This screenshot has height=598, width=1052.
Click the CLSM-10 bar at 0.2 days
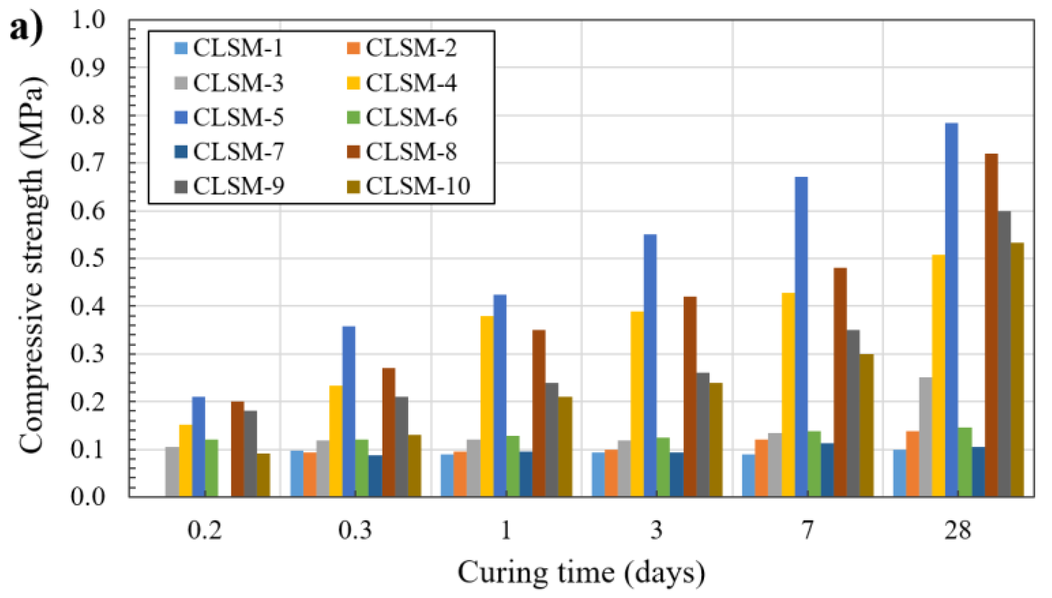coord(263,474)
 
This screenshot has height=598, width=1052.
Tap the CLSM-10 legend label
coord(417,186)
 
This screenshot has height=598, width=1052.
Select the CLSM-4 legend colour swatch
coord(353,83)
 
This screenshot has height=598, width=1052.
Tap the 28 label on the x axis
coord(958,530)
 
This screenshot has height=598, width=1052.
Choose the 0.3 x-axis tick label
coord(355,530)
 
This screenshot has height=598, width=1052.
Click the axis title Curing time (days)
coord(581,573)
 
